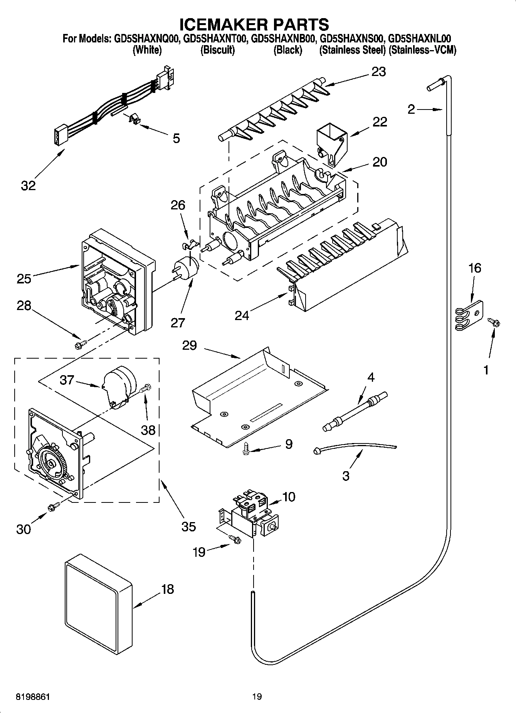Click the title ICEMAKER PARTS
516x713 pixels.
(x=254, y=24)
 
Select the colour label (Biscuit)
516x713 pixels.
(x=217, y=50)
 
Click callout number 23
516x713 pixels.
(x=378, y=72)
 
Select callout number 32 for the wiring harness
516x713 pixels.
(x=28, y=185)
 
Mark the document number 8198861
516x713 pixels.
(x=33, y=697)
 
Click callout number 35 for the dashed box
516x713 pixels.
(x=188, y=526)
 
